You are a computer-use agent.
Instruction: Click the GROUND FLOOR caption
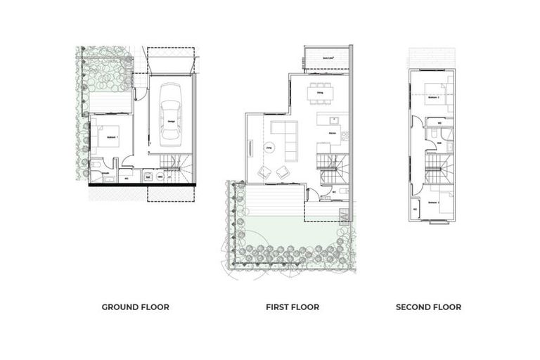(x=136, y=307)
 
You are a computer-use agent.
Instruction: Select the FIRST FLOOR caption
(x=292, y=307)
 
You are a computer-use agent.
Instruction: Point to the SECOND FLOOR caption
(x=428, y=307)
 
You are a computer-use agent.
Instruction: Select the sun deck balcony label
(x=326, y=58)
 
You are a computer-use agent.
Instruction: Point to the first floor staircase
(x=333, y=167)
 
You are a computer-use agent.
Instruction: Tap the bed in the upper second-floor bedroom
(x=439, y=95)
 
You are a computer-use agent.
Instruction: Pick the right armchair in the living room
(x=283, y=172)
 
